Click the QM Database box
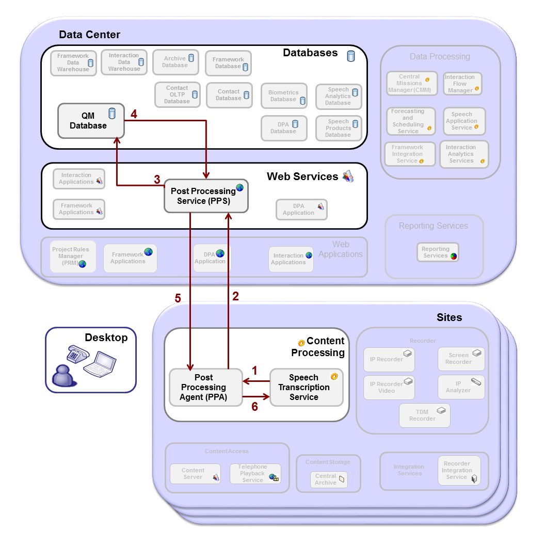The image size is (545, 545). click(90, 121)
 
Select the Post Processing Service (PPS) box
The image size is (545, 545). click(206, 196)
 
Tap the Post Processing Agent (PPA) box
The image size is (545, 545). click(205, 387)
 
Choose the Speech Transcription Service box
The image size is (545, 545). click(307, 387)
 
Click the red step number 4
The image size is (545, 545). click(134, 114)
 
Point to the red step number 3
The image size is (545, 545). click(157, 180)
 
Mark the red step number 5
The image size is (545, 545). click(178, 298)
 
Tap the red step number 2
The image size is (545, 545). click(236, 296)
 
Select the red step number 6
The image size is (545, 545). click(254, 406)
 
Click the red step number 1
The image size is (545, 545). click(254, 371)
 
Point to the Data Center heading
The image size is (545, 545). click(89, 35)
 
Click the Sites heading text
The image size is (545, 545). click(449, 317)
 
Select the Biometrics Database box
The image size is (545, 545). click(284, 96)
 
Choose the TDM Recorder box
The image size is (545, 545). click(424, 415)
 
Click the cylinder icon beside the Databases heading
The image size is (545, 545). click(351, 56)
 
